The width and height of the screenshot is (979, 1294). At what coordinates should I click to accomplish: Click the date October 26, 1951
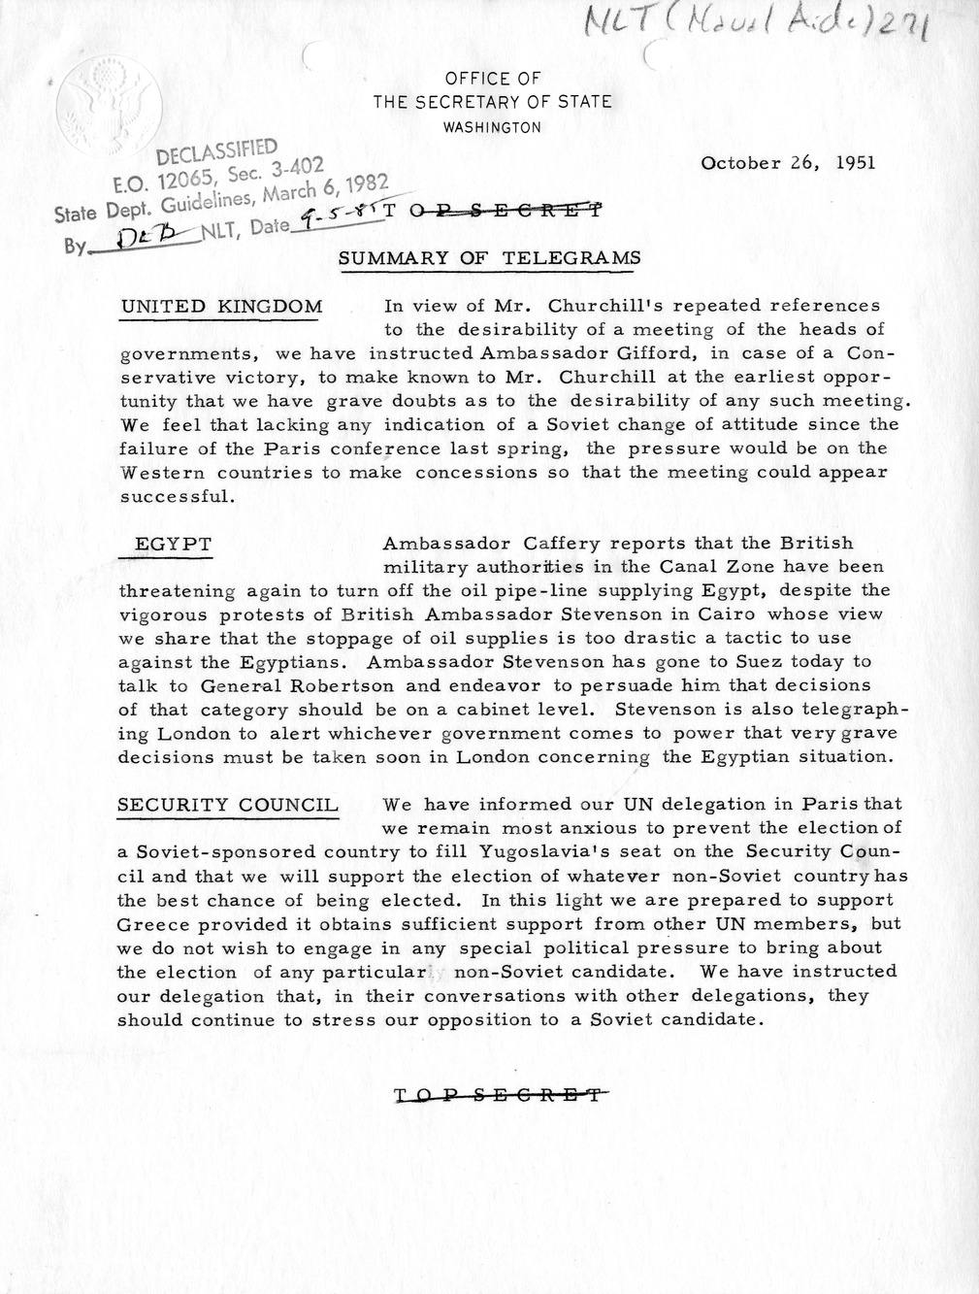[788, 162]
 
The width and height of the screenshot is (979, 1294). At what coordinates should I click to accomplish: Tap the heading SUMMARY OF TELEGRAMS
[489, 258]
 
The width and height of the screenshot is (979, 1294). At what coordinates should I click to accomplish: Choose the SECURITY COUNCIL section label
[227, 805]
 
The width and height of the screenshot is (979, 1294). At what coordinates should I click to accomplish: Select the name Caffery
[543, 544]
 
